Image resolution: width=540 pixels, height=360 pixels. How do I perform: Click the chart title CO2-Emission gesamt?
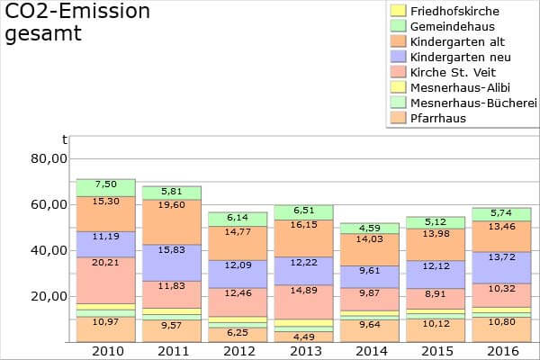click(77, 22)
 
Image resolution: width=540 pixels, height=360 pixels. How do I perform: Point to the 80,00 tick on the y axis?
click(49, 158)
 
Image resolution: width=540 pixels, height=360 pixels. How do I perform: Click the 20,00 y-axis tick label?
click(49, 296)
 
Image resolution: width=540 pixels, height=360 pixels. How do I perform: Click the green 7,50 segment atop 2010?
click(105, 184)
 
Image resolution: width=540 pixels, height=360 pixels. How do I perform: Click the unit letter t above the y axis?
click(64, 139)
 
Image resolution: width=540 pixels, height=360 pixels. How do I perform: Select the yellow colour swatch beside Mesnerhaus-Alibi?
click(397, 87)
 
